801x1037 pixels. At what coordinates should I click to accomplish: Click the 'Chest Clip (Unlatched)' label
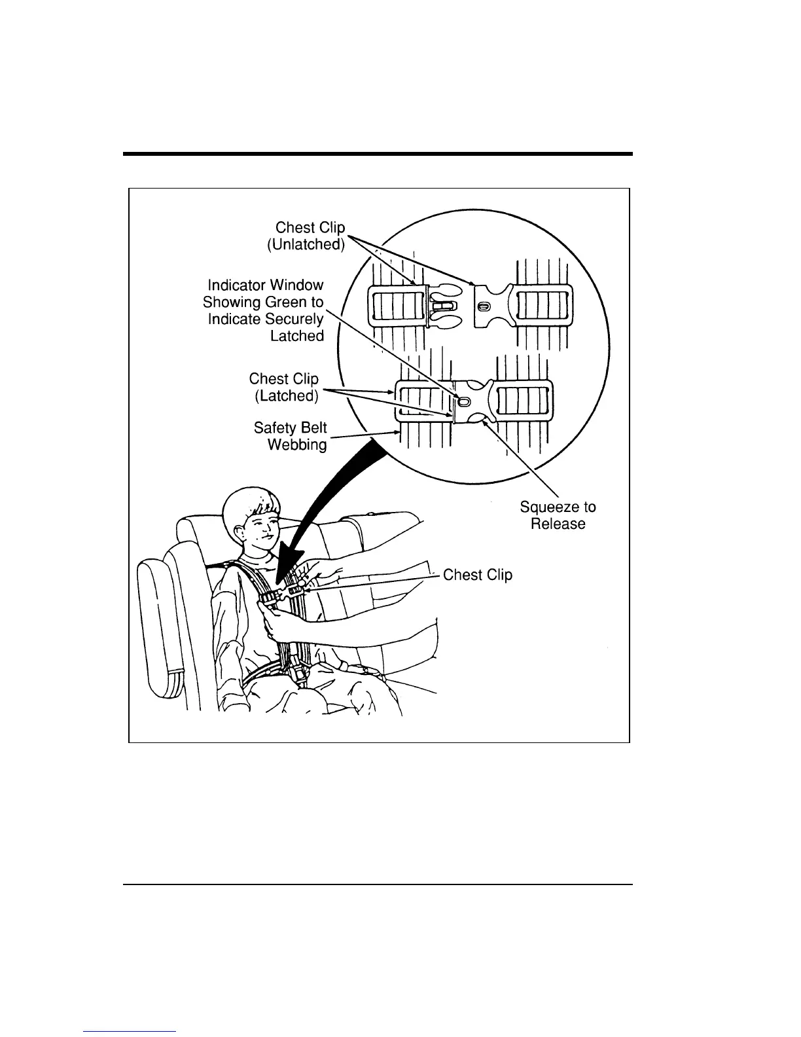tap(310, 236)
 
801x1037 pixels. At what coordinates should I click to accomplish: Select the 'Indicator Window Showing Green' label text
tap(264, 310)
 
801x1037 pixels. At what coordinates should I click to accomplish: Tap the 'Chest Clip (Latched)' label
tap(284, 388)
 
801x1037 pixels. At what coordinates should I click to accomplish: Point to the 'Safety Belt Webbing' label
tap(291, 436)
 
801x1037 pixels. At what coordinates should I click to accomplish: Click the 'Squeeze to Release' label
tap(558, 515)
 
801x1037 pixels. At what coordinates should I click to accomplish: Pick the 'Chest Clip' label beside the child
tap(477, 575)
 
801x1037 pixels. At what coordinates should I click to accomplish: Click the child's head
tap(252, 520)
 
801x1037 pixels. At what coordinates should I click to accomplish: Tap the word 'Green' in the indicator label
tap(286, 302)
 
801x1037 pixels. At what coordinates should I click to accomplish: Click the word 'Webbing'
tap(297, 445)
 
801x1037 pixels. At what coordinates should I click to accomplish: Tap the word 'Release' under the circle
tap(558, 524)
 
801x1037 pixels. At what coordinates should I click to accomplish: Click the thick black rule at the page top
tap(378, 155)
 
